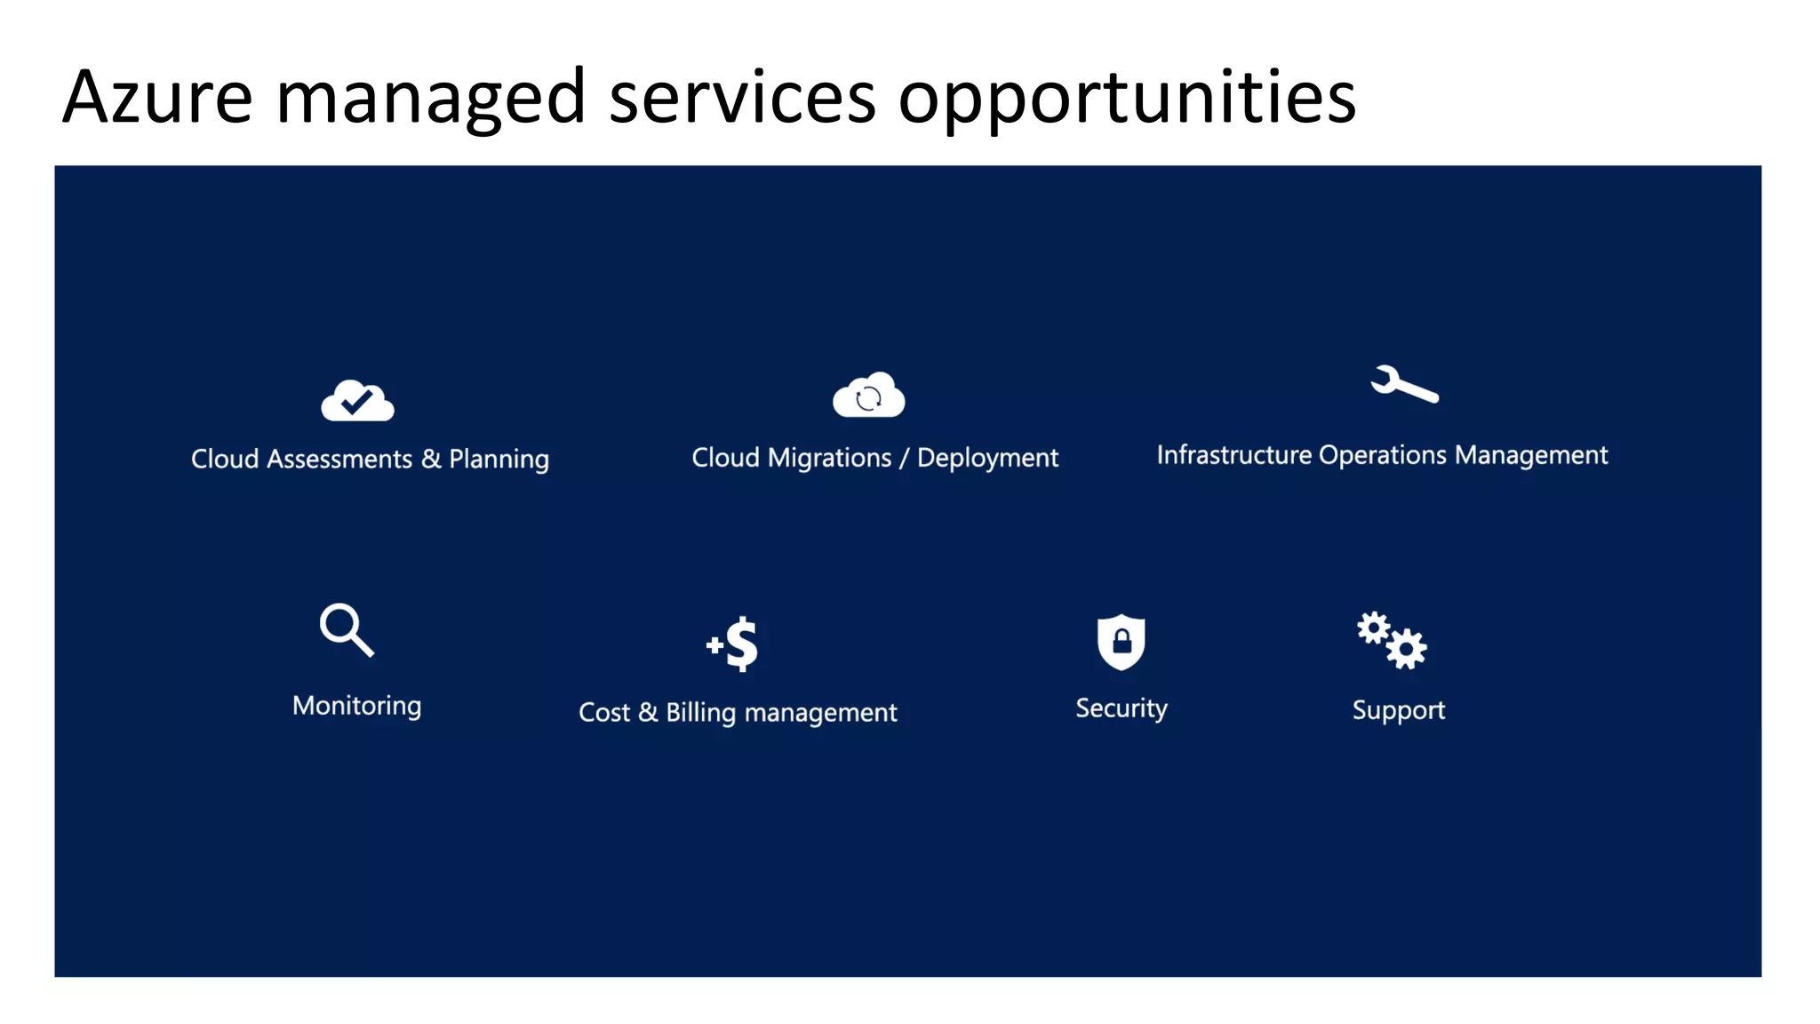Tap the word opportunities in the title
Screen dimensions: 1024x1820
pos(1127,98)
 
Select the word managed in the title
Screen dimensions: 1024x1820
pos(430,98)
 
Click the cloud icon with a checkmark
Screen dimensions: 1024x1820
pos(357,401)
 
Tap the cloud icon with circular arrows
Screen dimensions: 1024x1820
pos(868,396)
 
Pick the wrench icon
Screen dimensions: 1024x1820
pos(1403,384)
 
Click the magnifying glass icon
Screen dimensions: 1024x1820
pos(346,629)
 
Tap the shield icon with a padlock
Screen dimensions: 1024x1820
pos(1121,641)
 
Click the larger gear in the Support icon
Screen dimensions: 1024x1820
pos(1407,648)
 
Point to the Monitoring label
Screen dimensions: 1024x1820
pos(357,706)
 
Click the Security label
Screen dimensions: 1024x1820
pos(1122,708)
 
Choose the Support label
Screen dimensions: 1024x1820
pos(1398,710)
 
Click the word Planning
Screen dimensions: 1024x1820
pos(499,460)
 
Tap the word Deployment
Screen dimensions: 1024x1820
pos(987,459)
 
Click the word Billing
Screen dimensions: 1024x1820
pos(700,713)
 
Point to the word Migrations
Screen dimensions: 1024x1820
pos(829,458)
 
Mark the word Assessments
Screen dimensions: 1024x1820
pos(339,459)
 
